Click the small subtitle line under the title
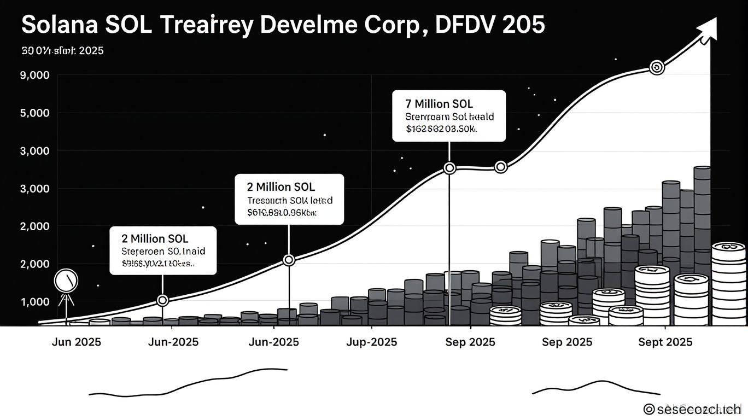coord(62,51)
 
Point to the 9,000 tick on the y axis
coord(34,75)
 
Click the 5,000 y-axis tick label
coord(34,113)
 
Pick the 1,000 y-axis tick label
coord(34,302)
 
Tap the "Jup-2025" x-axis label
coord(372,342)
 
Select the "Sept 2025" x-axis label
coord(665,342)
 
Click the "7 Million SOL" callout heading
coord(440,103)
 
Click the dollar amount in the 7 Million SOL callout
coord(441,130)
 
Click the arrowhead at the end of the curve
coord(708,28)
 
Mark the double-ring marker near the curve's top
coord(657,67)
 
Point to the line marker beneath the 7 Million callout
coord(449,168)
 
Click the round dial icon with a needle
coord(67,281)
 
